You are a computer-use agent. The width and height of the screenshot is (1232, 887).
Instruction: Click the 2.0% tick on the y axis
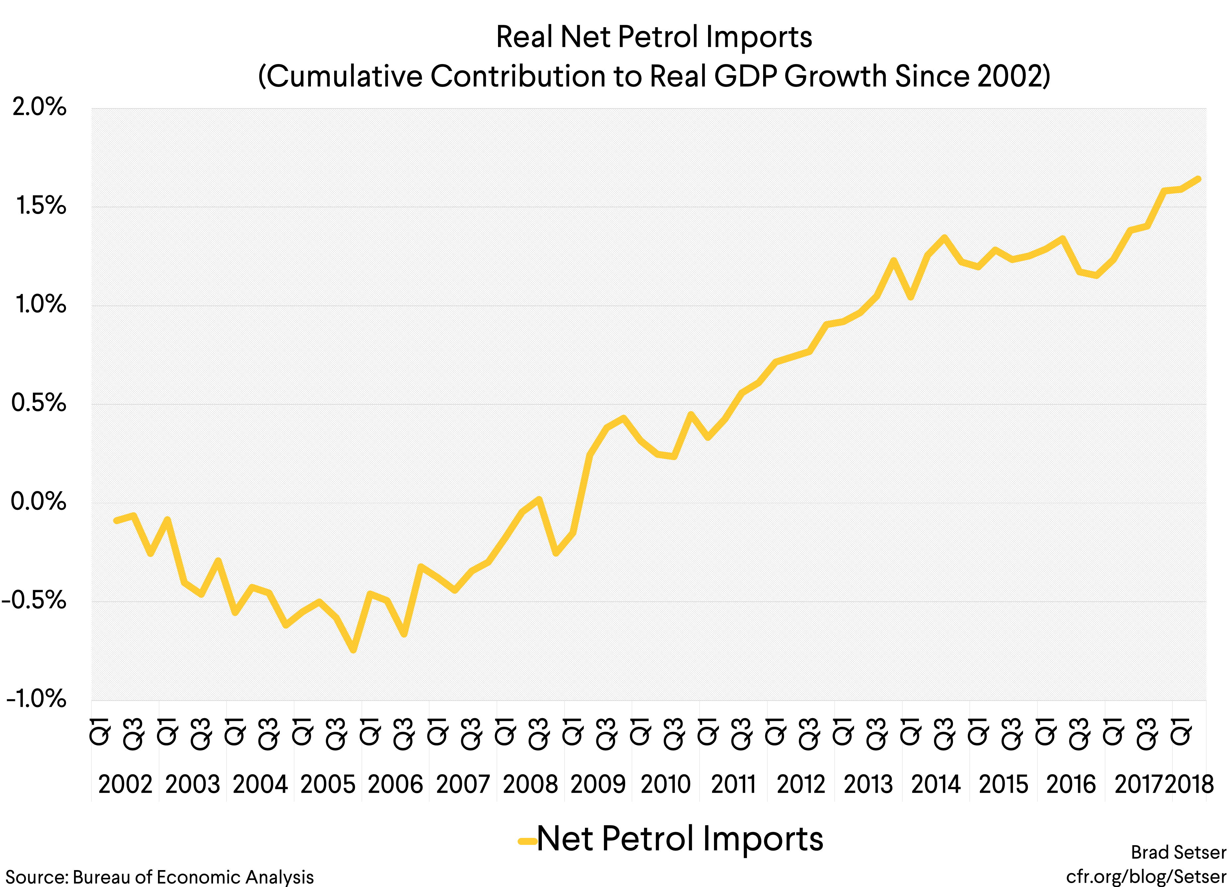(39, 107)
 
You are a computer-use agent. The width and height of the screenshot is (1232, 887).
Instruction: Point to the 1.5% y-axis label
(41, 206)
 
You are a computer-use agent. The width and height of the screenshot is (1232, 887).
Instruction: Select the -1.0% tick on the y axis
(36, 699)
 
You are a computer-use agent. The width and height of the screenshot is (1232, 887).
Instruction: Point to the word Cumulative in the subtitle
(345, 76)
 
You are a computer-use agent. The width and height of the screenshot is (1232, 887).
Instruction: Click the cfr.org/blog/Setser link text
(1146, 876)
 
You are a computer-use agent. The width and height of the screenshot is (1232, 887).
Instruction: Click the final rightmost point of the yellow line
(1198, 179)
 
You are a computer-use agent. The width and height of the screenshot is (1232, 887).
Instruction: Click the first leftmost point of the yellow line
(116, 520)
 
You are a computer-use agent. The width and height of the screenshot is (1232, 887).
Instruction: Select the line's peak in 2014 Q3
(944, 238)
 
